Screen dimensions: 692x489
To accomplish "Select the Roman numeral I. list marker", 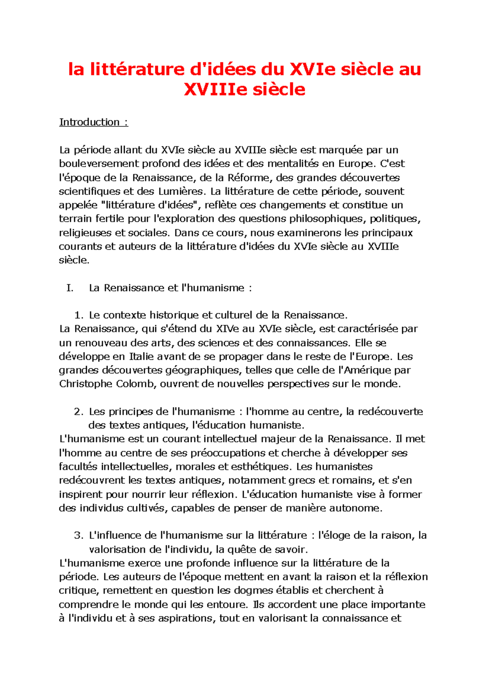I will click(x=70, y=288).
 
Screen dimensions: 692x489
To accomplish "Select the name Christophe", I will click(x=86, y=384).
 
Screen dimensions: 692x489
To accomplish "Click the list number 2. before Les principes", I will click(x=79, y=412).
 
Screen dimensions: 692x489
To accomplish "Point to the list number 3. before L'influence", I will click(x=79, y=536).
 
